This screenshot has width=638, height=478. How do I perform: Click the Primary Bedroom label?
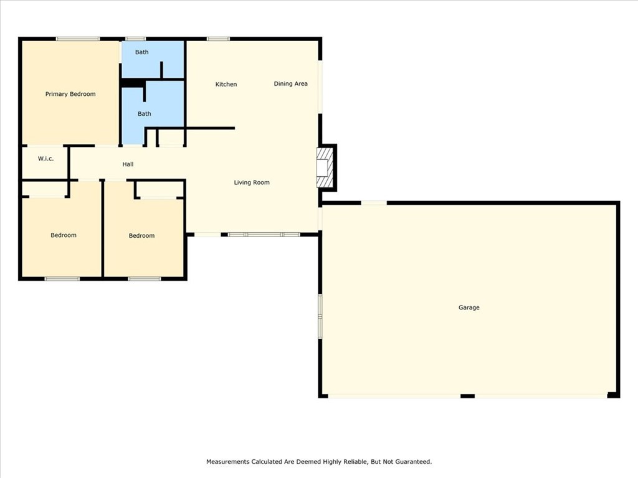point(70,94)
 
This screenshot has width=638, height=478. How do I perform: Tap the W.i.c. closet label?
point(45,159)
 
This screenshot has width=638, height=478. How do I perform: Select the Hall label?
point(128,164)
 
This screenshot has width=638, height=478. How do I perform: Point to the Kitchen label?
point(226,84)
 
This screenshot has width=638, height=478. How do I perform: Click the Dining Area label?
point(290,84)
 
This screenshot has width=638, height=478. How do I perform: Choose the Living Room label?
point(252,182)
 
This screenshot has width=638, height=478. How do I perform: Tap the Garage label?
point(469,307)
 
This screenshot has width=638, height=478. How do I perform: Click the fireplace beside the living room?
point(325,167)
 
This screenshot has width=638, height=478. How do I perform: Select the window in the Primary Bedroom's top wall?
point(78,39)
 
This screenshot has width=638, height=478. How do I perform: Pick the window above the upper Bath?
point(135,39)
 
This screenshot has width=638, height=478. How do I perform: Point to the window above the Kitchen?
point(218,39)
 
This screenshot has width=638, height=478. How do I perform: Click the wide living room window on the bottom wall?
point(264,235)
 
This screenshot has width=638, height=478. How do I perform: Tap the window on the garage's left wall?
point(320,316)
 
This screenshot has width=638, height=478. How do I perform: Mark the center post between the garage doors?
point(467,396)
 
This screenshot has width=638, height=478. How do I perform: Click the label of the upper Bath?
point(141,52)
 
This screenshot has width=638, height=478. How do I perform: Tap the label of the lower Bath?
point(144,114)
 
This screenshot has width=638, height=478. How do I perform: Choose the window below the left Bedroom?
point(62,279)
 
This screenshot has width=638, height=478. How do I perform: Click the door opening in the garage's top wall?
point(374,203)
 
